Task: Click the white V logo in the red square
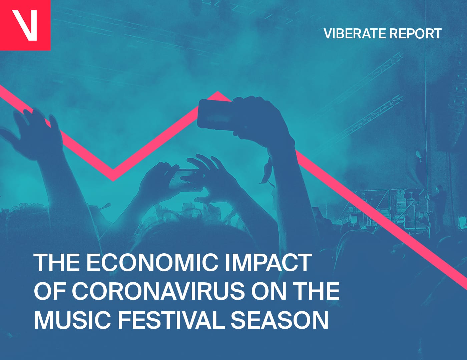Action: [24, 25]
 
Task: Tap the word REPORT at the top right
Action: [415, 34]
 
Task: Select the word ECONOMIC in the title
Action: [152, 262]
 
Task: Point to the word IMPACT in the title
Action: [268, 262]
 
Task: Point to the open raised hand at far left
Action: [32, 133]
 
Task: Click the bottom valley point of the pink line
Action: [113, 181]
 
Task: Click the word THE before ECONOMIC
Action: [57, 262]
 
